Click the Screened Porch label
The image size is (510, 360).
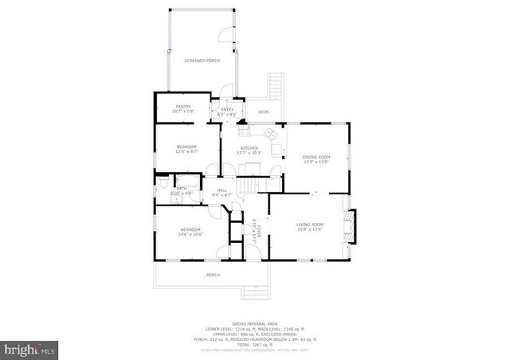(202, 61)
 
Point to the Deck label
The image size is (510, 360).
(263, 112)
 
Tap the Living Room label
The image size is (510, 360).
(310, 226)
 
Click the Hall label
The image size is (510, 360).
(222, 191)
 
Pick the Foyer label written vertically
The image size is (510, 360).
(257, 229)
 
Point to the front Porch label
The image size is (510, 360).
(213, 275)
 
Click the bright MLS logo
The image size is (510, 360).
(30, 349)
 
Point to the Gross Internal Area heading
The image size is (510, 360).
(254, 322)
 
